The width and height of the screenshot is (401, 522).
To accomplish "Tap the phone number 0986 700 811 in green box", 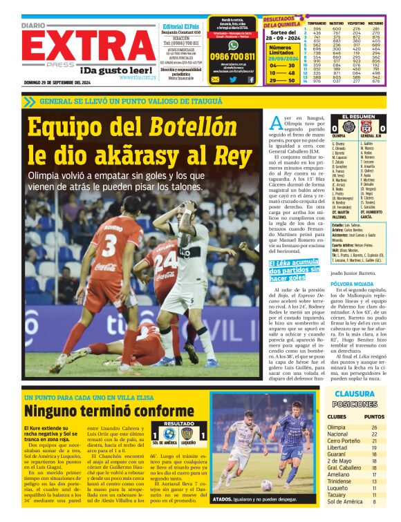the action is point(232,56).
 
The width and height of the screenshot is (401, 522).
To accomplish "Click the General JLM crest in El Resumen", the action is point(368,127).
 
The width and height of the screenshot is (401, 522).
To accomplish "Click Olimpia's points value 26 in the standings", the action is point(374,427).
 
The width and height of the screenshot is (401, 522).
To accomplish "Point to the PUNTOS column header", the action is point(374,416).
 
